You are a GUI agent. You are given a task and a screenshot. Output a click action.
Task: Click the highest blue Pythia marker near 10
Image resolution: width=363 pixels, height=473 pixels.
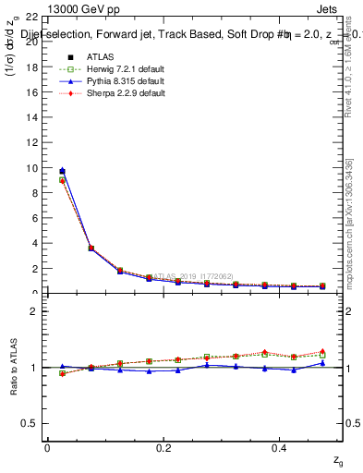tap(62, 170)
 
